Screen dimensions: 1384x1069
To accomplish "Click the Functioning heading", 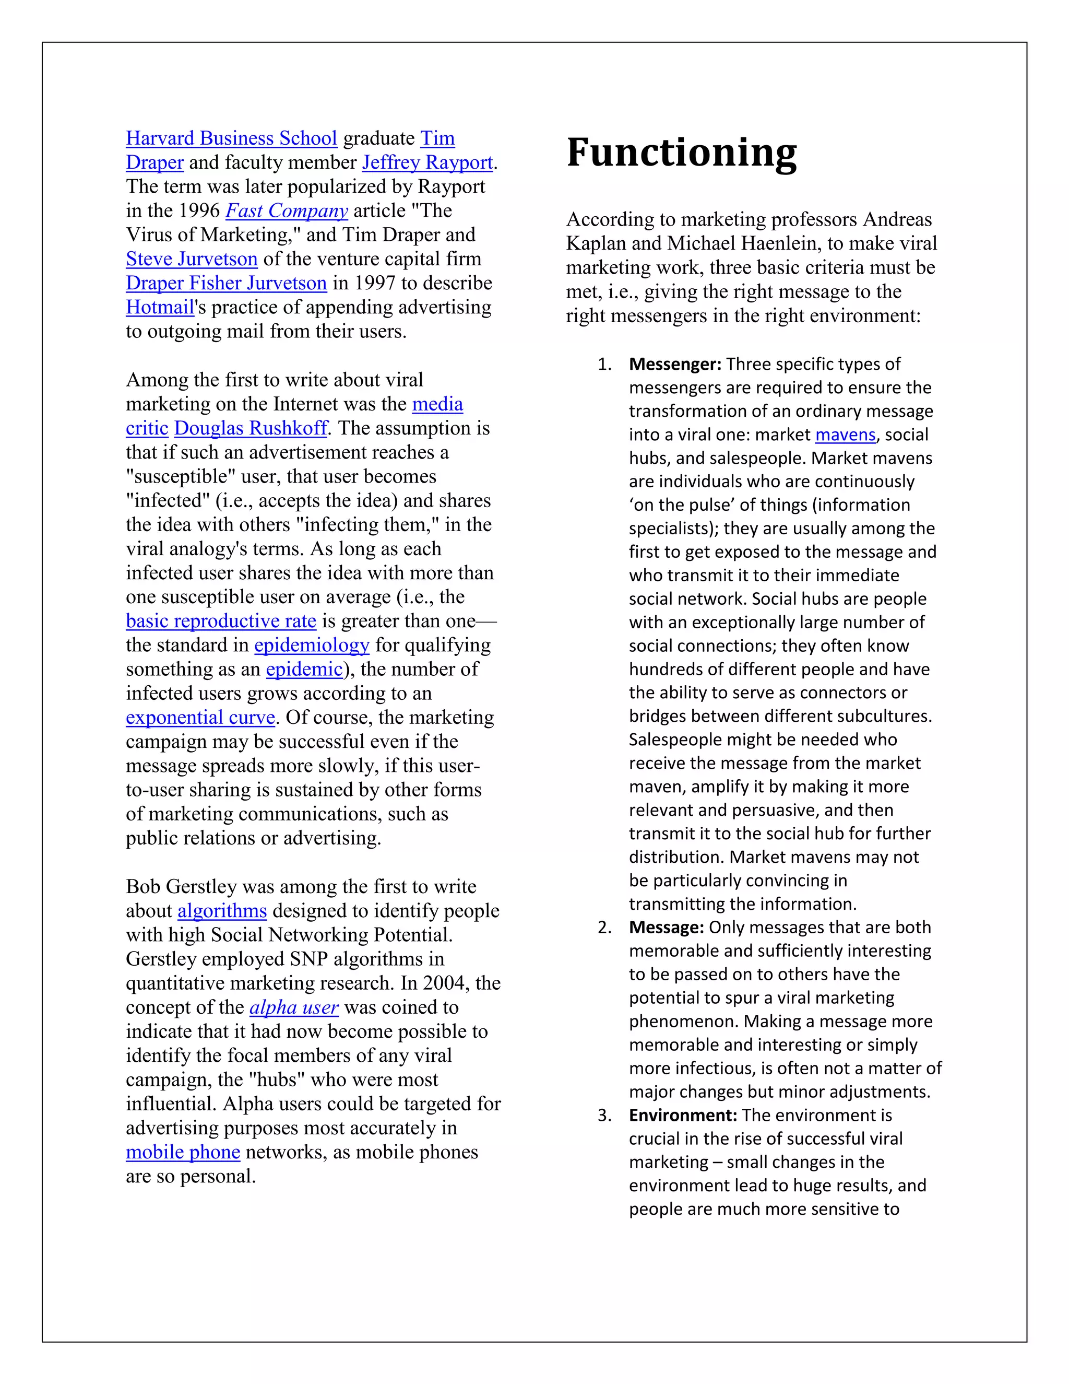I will pos(681,153).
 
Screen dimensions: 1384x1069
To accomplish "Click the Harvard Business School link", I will pos(231,138).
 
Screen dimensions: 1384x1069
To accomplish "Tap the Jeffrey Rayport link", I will pos(427,162).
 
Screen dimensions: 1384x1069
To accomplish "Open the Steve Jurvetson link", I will pos(191,259).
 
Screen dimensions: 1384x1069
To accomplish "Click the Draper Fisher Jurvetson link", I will pos(226,283).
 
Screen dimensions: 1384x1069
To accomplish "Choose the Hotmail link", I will pos(160,307).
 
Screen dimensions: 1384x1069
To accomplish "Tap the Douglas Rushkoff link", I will pos(251,428).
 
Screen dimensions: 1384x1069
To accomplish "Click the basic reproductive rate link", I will pos(220,620).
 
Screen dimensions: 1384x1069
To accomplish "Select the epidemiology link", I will pos(312,644).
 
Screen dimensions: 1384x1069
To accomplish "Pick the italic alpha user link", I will pos(294,1007).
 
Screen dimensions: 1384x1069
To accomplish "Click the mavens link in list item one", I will pos(845,435).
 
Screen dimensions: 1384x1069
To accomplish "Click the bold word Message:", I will pos(666,927).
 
